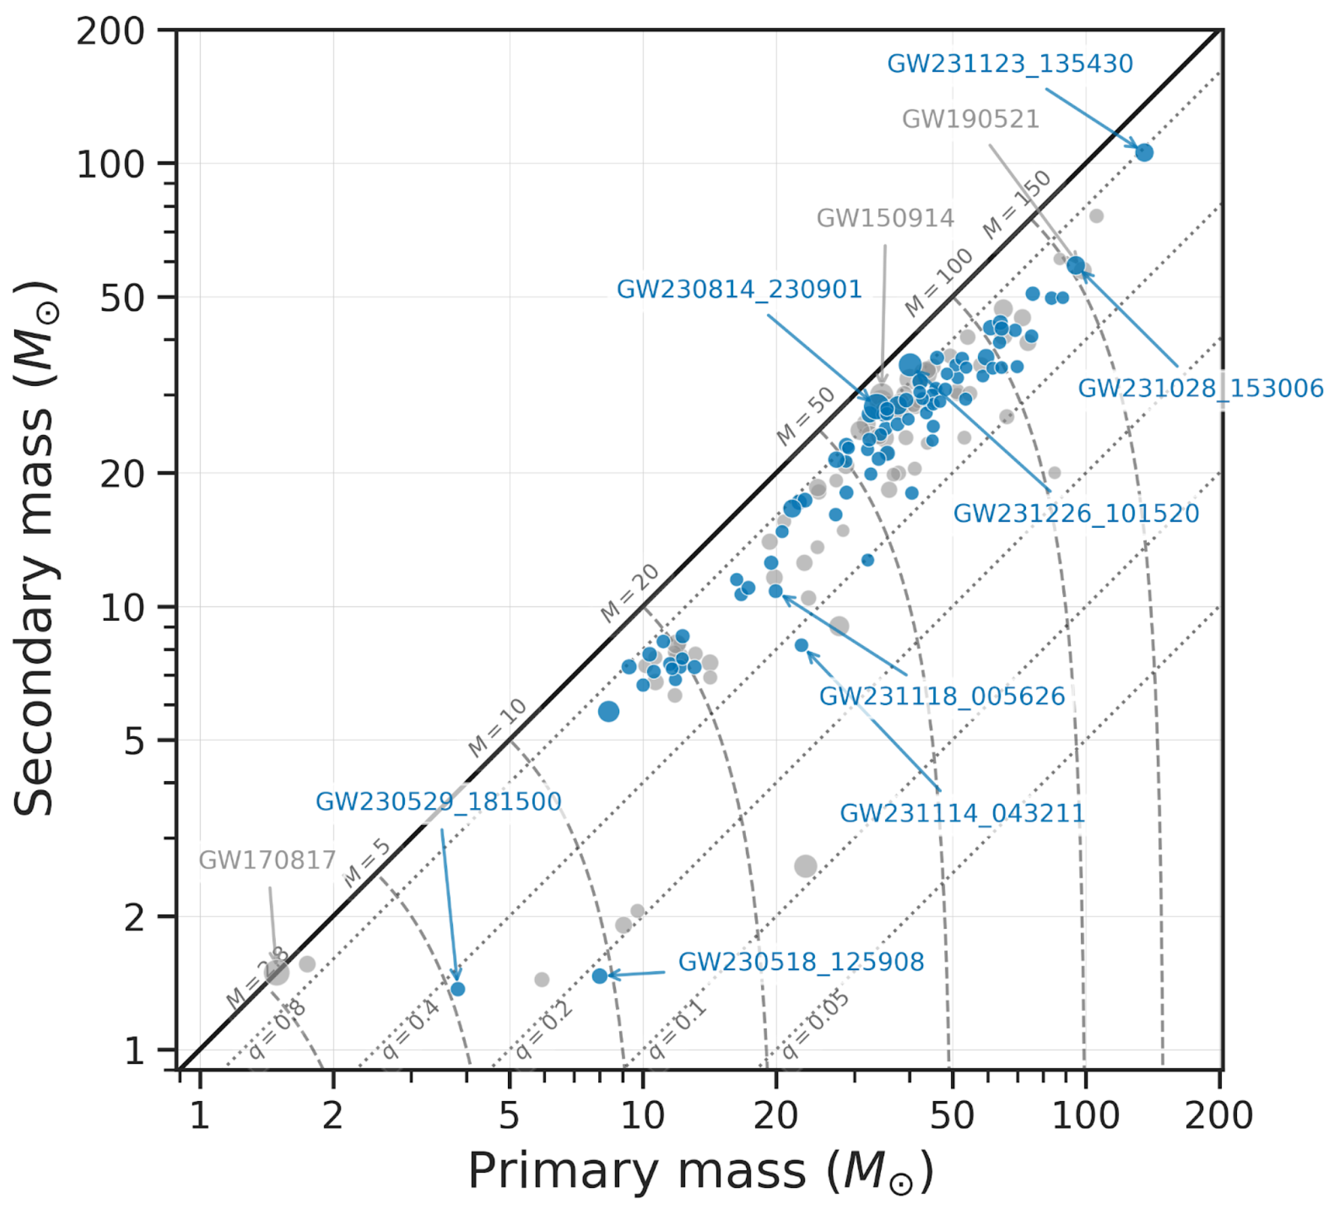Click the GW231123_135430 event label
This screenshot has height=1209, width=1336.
point(1009,64)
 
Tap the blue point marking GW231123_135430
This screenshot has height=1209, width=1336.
point(1144,152)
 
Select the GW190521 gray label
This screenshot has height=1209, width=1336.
point(970,119)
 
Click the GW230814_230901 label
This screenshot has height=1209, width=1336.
point(739,290)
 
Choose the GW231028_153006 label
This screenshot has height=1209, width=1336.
point(1200,389)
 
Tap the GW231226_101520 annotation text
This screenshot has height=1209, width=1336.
point(1076,514)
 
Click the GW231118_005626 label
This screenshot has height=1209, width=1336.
point(941,697)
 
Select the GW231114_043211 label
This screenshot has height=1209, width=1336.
point(962,813)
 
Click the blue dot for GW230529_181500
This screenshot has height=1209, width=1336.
point(458,989)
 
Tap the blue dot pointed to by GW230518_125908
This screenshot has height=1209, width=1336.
point(600,976)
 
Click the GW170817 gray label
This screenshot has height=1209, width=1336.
point(267,860)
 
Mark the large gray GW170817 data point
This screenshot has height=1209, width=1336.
point(276,973)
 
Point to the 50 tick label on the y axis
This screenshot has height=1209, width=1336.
point(122,298)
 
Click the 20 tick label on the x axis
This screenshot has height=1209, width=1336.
point(776,1116)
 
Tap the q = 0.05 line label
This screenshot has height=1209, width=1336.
point(815,1024)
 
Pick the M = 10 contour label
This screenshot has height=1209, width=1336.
point(497,727)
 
